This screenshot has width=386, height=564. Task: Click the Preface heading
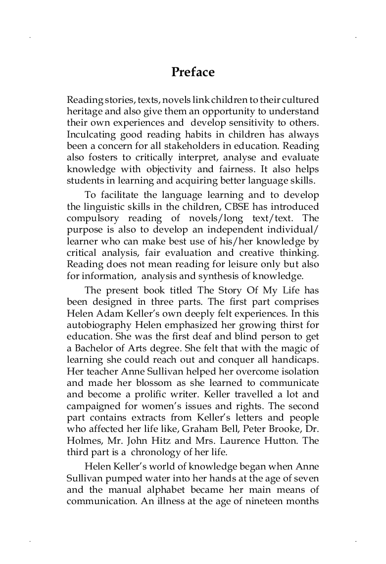(193, 72)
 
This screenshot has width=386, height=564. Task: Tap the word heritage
(83, 110)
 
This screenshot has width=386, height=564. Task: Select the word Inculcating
(91, 135)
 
